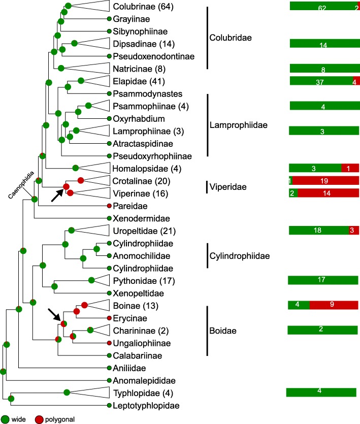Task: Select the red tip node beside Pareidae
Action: pos(109,206)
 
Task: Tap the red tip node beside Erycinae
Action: pos(109,318)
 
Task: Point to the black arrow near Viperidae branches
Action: pos(57,195)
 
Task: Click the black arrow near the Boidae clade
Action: pos(54,314)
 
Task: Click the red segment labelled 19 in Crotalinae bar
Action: pos(325,181)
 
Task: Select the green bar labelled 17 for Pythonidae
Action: pos(323,280)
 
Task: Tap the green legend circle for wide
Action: pos(5,419)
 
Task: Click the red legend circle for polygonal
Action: pos(40,419)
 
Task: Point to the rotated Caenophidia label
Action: pos(20,186)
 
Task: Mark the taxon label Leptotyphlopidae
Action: pos(144,405)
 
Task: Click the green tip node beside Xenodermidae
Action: pos(109,218)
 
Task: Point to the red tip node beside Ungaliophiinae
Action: pos(109,343)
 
